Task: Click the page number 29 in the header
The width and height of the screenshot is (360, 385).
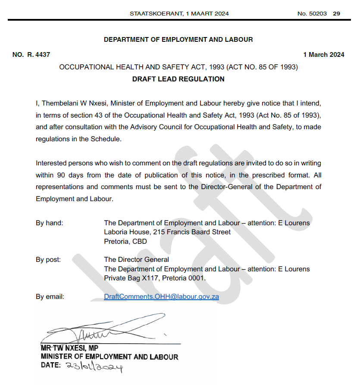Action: click(337, 13)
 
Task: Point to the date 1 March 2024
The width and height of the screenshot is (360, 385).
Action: click(324, 55)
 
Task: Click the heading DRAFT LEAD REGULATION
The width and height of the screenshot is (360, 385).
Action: click(178, 79)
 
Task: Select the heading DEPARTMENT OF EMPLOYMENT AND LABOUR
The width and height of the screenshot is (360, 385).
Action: click(178, 40)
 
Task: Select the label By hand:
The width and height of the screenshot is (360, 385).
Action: click(49, 223)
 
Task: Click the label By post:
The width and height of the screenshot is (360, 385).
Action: click(48, 259)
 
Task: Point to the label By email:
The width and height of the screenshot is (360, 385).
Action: click(50, 296)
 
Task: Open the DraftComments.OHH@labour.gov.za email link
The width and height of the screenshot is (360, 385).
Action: click(161, 297)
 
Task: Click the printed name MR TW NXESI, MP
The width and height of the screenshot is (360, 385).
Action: click(69, 348)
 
